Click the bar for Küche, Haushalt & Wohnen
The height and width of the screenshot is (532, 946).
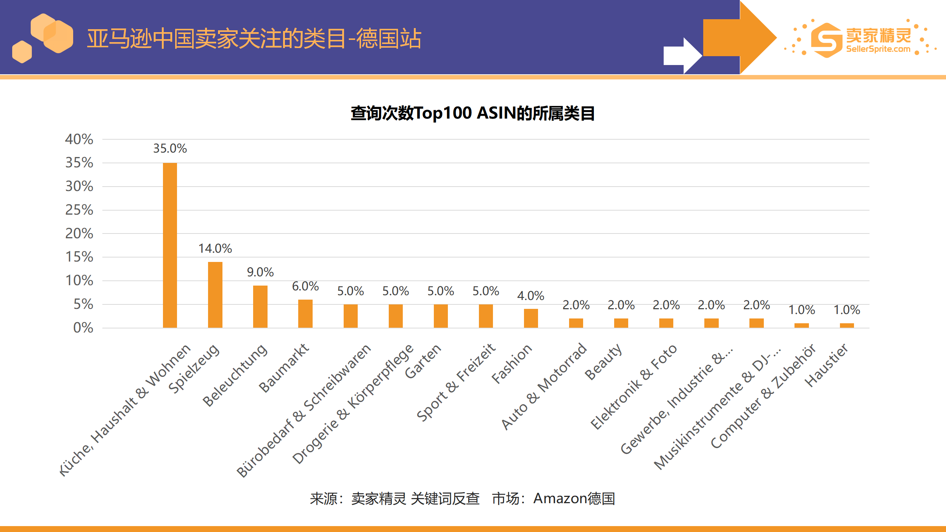(170, 245)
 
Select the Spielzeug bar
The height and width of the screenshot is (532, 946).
(215, 295)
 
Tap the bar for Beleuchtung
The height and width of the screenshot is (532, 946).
(260, 307)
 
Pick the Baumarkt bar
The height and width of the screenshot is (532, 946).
(305, 314)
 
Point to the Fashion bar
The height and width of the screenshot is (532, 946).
(531, 318)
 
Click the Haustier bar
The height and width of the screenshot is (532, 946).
(847, 325)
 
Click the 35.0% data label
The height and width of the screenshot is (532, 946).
(170, 149)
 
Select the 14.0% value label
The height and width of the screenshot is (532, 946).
(215, 249)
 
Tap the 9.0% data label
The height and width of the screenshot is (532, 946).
(260, 272)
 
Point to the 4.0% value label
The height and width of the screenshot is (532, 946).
(531, 296)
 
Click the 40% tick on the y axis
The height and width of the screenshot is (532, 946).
(79, 139)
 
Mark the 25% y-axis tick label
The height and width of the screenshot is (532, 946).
(79, 210)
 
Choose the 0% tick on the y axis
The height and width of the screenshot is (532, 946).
(83, 328)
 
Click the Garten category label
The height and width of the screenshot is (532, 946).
(423, 361)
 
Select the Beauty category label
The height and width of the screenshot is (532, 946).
(603, 362)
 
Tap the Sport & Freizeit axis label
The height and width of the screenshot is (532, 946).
(456, 382)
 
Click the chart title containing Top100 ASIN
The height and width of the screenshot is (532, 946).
(473, 113)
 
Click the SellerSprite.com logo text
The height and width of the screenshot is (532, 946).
(878, 49)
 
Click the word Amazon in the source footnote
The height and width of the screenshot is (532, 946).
(560, 499)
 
